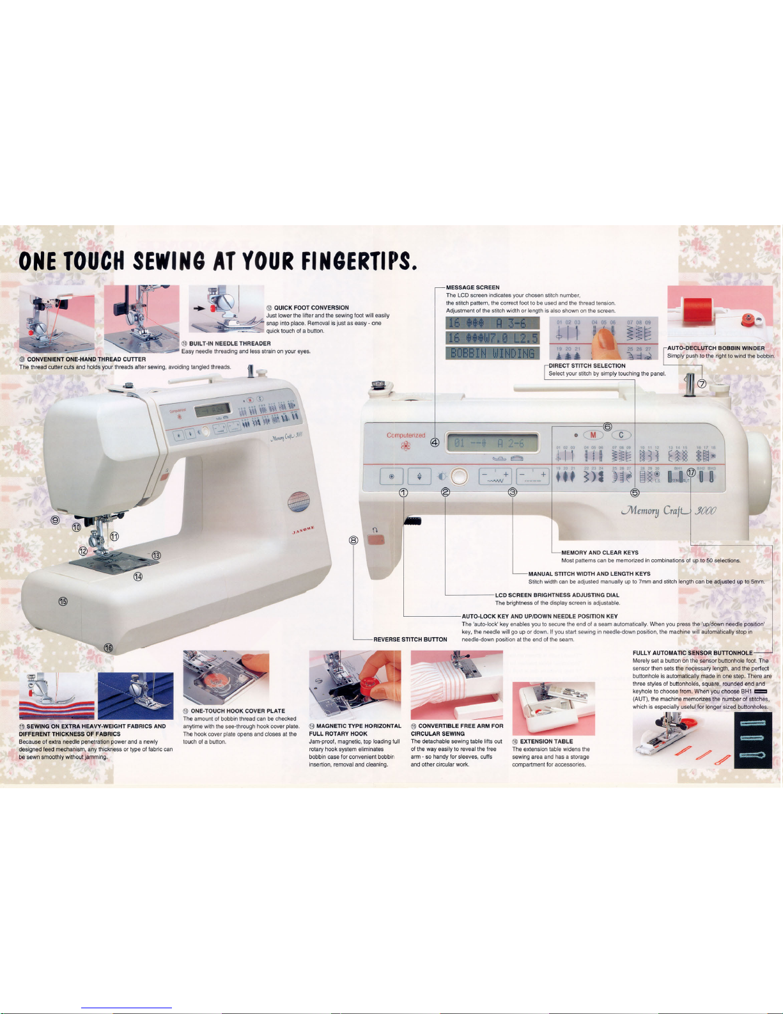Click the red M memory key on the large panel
coord(593,435)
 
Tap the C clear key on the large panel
coord(621,435)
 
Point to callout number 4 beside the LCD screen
coord(435,442)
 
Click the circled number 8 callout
coord(353,540)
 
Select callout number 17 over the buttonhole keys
coord(691,473)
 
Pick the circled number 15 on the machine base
coord(63,601)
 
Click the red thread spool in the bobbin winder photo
coord(693,310)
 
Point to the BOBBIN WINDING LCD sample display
coord(492,353)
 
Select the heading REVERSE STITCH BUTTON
coord(410,639)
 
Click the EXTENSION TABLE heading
coord(546,741)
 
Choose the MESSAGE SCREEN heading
coord(472,287)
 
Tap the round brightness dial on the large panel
coord(459,476)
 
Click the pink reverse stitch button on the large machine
coord(377,541)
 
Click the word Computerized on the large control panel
coord(406,435)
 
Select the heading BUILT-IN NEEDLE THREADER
coord(229,344)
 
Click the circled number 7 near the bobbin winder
coord(701,384)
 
